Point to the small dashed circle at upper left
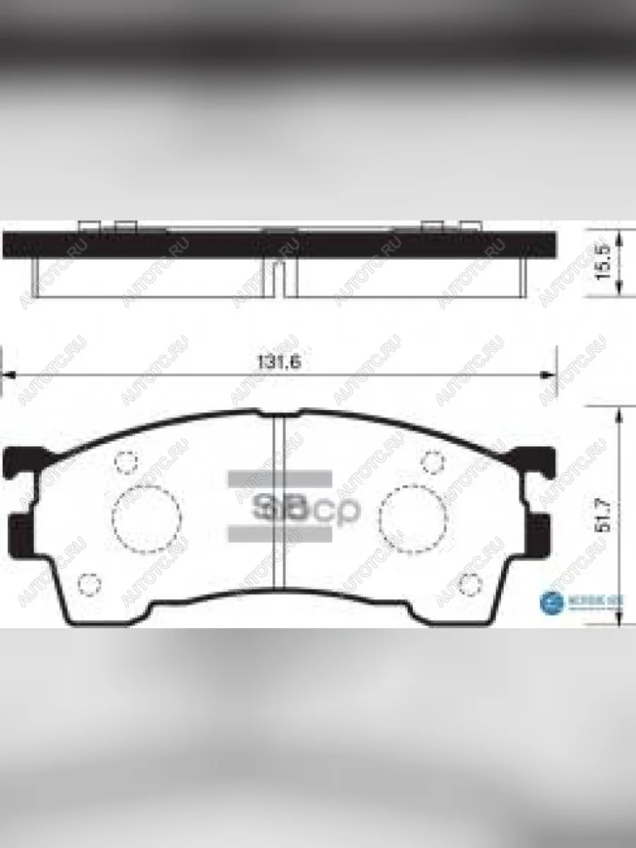tap(125, 461)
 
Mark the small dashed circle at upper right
tap(432, 461)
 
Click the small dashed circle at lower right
tap(469, 584)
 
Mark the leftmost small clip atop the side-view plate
tap(88, 225)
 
